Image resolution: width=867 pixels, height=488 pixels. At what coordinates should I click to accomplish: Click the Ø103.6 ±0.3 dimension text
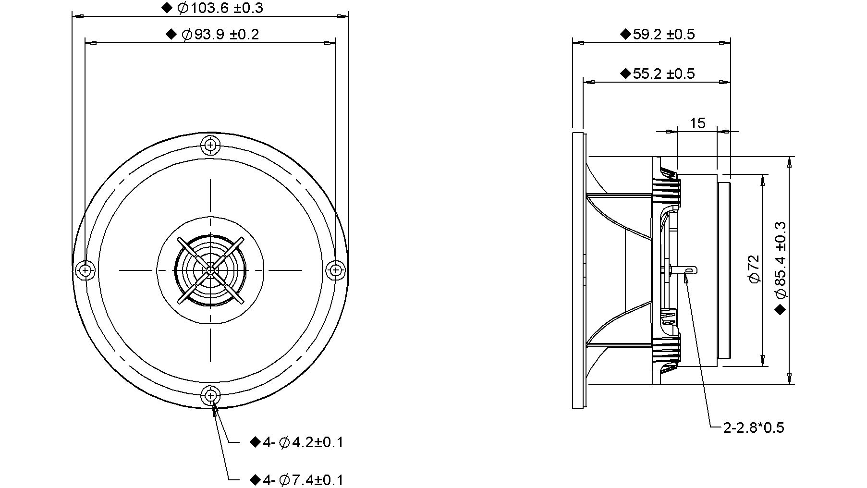click(x=220, y=8)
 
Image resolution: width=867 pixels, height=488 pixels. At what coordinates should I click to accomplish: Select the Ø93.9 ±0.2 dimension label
click(x=220, y=35)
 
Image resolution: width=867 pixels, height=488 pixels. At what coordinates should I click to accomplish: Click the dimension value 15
click(x=697, y=123)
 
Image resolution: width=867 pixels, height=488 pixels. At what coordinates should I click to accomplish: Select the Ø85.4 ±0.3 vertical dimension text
click(x=780, y=259)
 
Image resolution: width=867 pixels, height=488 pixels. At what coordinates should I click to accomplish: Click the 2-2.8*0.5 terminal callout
click(x=754, y=427)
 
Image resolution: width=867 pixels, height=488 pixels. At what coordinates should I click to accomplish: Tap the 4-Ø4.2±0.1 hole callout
click(x=303, y=442)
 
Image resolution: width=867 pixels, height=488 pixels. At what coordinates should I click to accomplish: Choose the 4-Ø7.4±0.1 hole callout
click(x=303, y=480)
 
